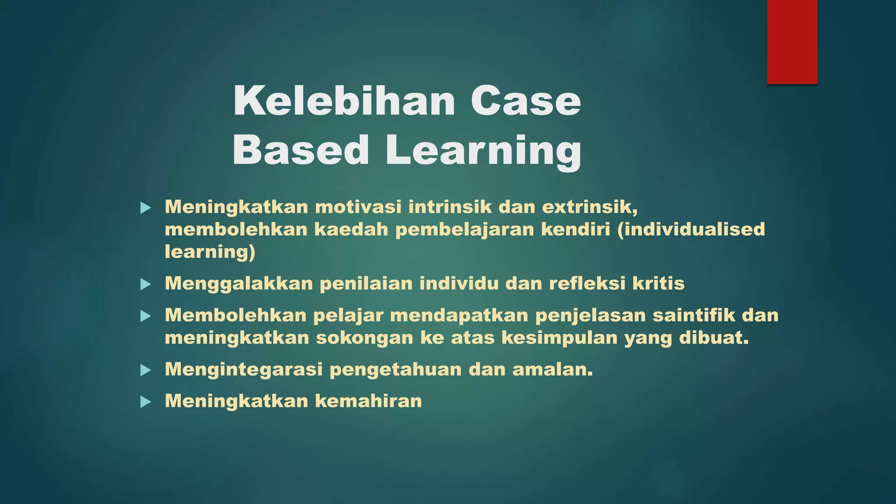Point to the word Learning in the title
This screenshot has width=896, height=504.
[483, 151]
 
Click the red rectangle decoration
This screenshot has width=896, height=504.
[792, 42]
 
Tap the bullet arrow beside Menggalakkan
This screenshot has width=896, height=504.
[146, 285]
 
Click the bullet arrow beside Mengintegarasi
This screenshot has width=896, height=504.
[146, 371]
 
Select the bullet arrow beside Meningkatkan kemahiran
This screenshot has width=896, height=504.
[146, 402]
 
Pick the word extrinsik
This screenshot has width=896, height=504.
[590, 207]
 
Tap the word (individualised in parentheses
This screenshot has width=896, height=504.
[691, 229]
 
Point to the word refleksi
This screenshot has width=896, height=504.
[587, 283]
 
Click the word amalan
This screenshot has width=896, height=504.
[552, 370]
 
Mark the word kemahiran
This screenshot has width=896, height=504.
[368, 401]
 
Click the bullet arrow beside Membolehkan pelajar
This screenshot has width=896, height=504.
[146, 316]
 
